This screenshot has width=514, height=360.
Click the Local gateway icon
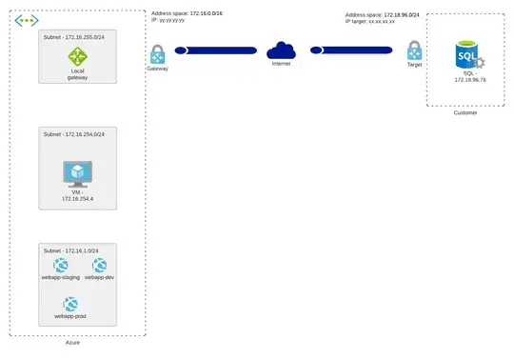[x=77, y=58]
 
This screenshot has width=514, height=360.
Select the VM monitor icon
[x=77, y=172]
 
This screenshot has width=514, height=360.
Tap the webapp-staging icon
[x=60, y=266]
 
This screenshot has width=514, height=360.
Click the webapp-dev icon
[x=100, y=266]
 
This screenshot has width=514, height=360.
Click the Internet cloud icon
[x=282, y=50]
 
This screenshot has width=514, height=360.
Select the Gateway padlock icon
[x=157, y=53]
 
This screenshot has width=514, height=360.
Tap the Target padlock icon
[x=414, y=51]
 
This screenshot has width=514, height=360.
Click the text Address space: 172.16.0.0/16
[x=188, y=13]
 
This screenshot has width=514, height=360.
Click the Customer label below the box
[x=465, y=112]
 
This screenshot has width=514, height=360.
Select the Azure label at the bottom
[x=72, y=342]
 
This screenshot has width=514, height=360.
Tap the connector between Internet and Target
[x=347, y=50]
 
